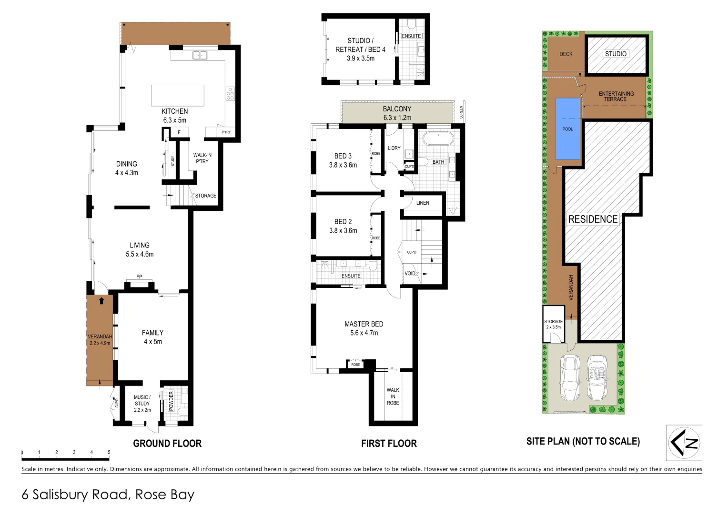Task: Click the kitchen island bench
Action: (177, 95)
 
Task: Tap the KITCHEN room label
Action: (174, 111)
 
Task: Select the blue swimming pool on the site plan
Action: (568, 128)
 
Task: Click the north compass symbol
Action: (684, 443)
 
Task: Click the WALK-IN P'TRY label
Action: (202, 158)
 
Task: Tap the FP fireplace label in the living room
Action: (139, 277)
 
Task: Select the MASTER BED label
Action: (364, 324)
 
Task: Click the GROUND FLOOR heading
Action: (167, 444)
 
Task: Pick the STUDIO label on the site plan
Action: (616, 54)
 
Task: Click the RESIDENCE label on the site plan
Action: (593, 219)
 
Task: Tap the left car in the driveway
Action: (570, 377)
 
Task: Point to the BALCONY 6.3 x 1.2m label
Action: (397, 113)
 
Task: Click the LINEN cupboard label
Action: (423, 203)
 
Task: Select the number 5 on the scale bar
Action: (109, 453)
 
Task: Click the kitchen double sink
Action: (200, 56)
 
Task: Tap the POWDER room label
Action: (172, 401)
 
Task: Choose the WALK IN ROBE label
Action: (393, 396)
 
